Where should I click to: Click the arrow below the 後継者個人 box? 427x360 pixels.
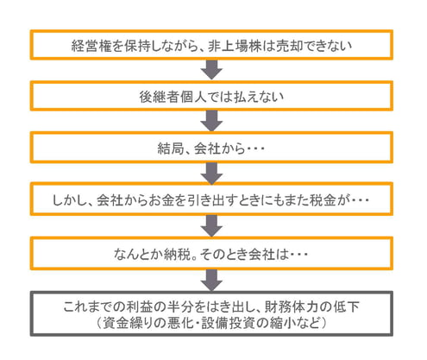pos(210,119)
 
